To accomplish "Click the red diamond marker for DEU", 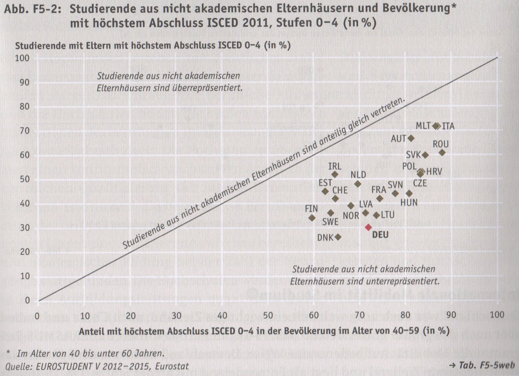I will pos(368,227).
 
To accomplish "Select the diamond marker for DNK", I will pos(338,237).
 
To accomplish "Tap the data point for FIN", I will pos(312,218).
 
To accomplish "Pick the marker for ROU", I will pos(442,152).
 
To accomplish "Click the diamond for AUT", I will pos(411,138).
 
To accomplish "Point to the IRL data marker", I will pos(335,174).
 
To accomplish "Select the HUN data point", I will pos(409,194).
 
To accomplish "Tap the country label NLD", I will pos(358,175).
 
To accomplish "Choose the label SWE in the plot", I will pos(330,221).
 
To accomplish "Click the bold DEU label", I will pos(380,235).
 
